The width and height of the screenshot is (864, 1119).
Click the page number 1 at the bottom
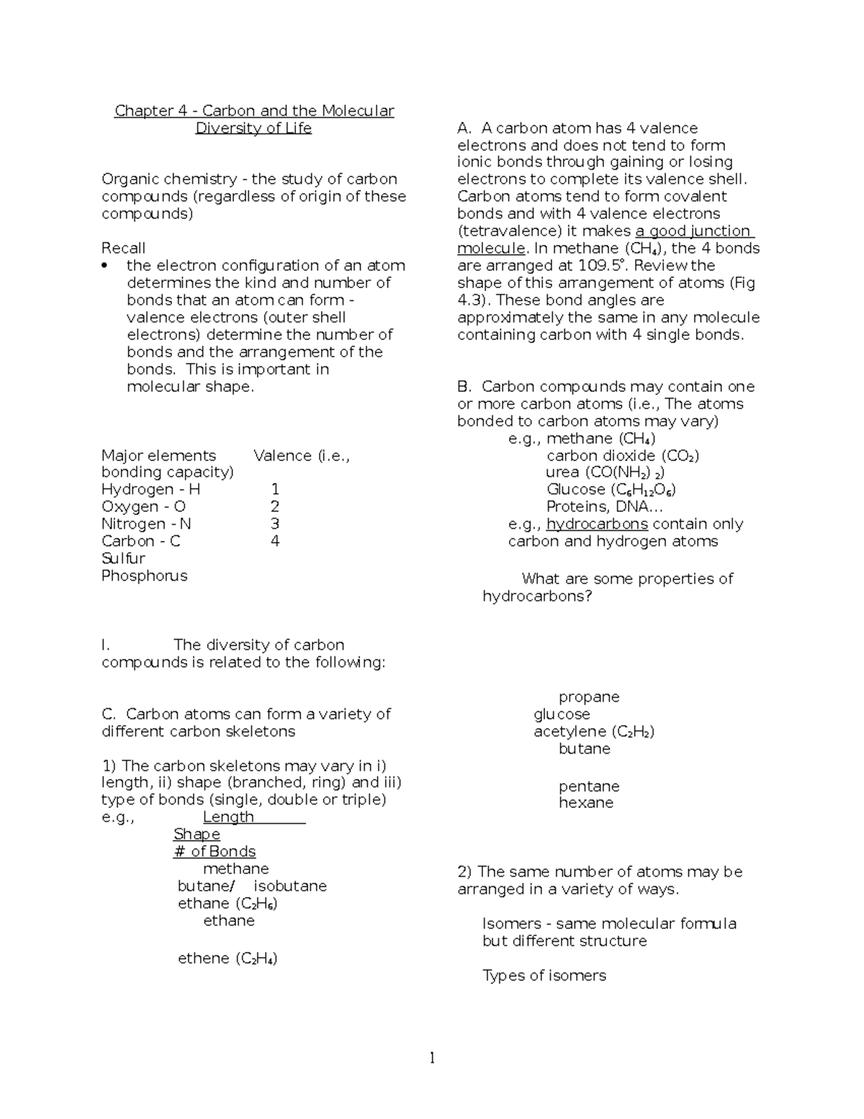(432, 1058)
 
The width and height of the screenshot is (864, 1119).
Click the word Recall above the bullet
(123, 248)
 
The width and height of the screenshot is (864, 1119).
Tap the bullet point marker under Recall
(105, 266)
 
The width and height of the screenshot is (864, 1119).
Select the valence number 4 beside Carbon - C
(274, 541)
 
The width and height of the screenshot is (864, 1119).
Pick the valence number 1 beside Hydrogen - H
(274, 489)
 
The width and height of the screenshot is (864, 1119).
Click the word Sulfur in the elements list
(123, 558)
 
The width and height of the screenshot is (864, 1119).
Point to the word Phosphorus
(144, 576)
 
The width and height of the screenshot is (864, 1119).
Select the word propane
(589, 697)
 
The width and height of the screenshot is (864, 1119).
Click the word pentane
(589, 786)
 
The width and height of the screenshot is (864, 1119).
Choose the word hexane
(586, 803)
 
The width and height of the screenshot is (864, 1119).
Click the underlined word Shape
(197, 834)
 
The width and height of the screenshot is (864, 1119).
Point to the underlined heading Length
(228, 817)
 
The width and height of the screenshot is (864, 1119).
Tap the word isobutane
(290, 886)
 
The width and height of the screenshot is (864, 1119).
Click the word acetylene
(570, 731)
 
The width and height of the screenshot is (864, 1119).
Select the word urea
(562, 472)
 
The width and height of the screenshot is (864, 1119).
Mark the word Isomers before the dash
(511, 924)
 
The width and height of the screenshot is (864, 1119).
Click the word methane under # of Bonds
(235, 869)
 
